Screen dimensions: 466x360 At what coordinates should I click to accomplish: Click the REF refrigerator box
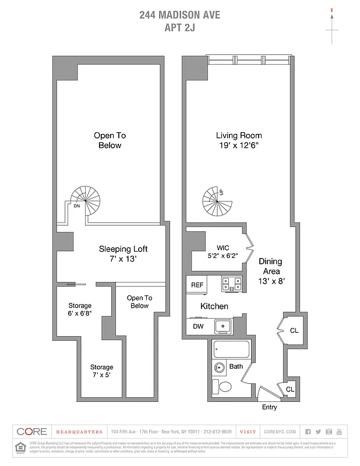[x=196, y=285]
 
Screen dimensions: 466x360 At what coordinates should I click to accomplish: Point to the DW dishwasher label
[x=198, y=326]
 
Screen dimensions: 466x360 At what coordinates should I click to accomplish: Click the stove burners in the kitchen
[x=231, y=284]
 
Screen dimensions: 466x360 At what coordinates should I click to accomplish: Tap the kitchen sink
[x=222, y=326]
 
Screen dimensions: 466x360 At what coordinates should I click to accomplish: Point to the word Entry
[x=270, y=407]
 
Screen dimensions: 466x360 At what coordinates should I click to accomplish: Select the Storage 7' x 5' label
[x=101, y=371]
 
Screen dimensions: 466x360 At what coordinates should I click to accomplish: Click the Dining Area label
[x=270, y=271]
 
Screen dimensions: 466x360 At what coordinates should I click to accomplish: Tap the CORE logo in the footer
[x=31, y=432]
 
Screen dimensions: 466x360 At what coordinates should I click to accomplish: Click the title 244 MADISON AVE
[x=179, y=15]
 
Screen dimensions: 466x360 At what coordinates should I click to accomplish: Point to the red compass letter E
[x=331, y=10]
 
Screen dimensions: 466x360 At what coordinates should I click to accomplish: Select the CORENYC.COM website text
[x=280, y=432]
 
